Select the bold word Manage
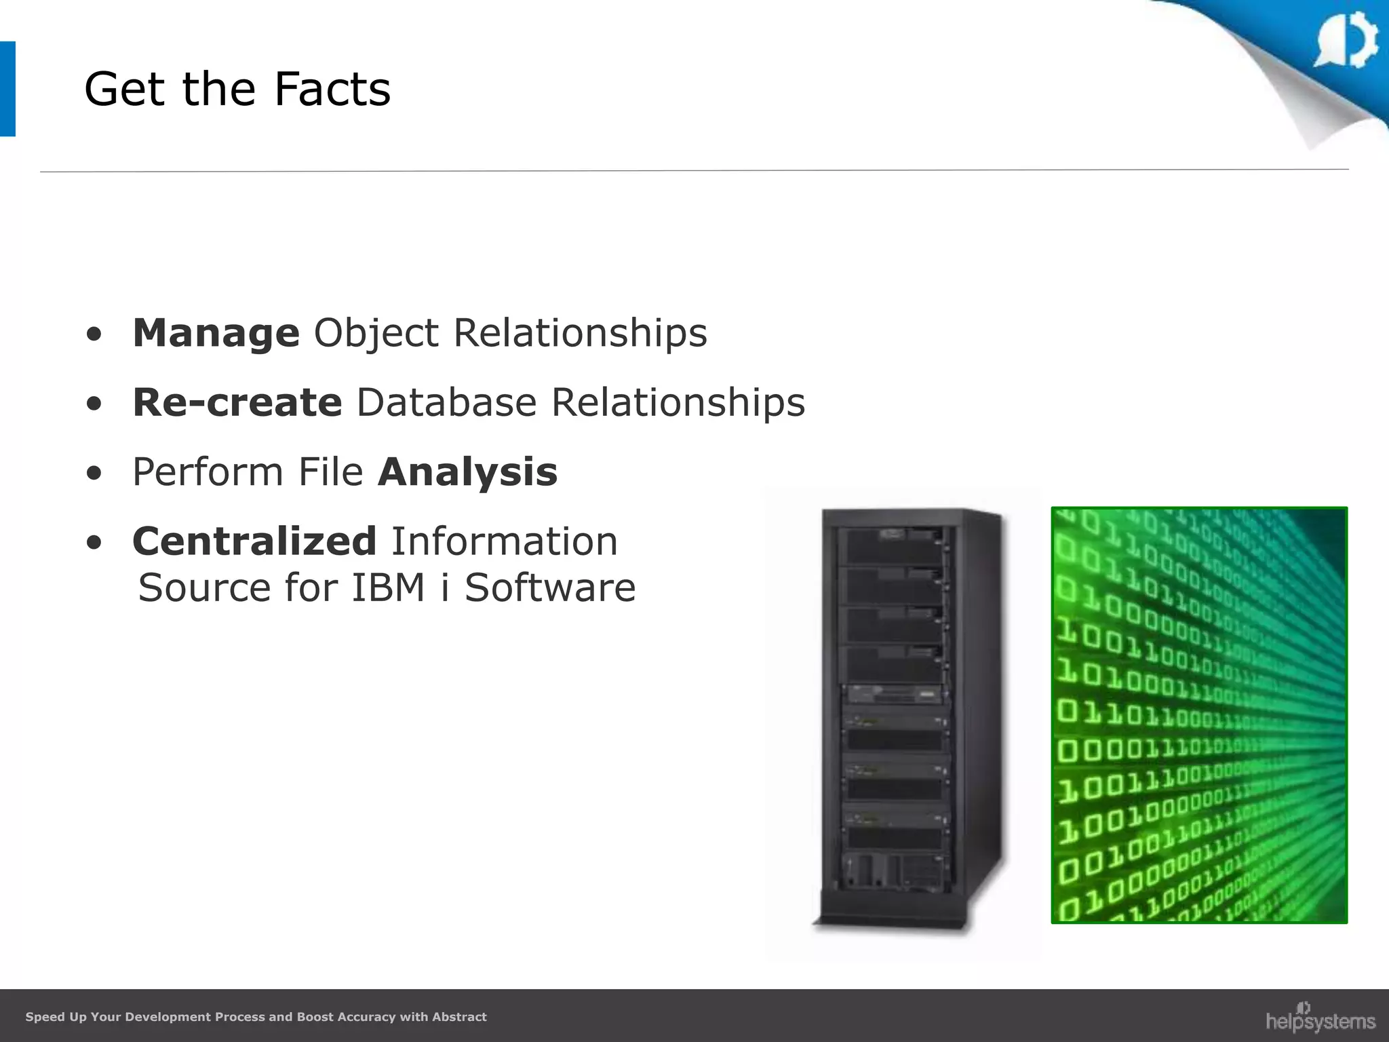[x=216, y=333]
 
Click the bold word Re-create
[x=237, y=402]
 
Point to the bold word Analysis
[x=467, y=472]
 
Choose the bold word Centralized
[x=254, y=541]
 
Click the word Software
[x=550, y=587]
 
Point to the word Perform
[x=208, y=472]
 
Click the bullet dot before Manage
[x=94, y=334]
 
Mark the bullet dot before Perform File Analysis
[x=94, y=473]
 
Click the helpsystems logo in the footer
[x=1320, y=1018]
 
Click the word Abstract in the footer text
[x=459, y=1017]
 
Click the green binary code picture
[x=1198, y=714]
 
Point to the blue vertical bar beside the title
[x=7, y=89]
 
